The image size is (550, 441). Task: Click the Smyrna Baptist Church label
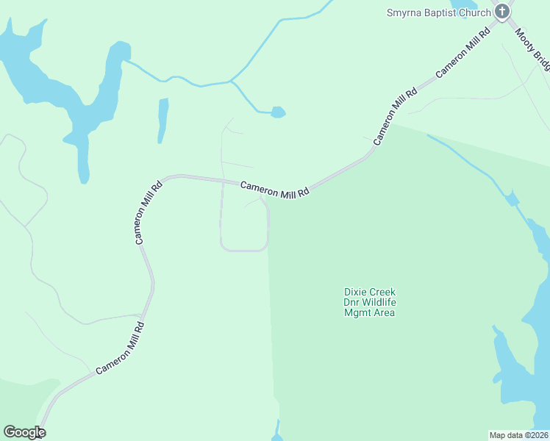[439, 12]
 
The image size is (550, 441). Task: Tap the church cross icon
[502, 11]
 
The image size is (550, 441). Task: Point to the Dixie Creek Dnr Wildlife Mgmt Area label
[369, 302]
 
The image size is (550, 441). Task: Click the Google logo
[24, 432]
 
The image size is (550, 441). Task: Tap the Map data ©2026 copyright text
[518, 434]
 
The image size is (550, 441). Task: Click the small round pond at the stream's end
[277, 112]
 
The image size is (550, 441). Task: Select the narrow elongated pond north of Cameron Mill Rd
[162, 120]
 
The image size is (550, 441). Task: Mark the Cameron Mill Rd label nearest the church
[463, 54]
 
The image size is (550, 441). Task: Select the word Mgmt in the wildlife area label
[358, 312]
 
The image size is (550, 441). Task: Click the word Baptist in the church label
[443, 12]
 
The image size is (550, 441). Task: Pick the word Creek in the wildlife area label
[382, 292]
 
